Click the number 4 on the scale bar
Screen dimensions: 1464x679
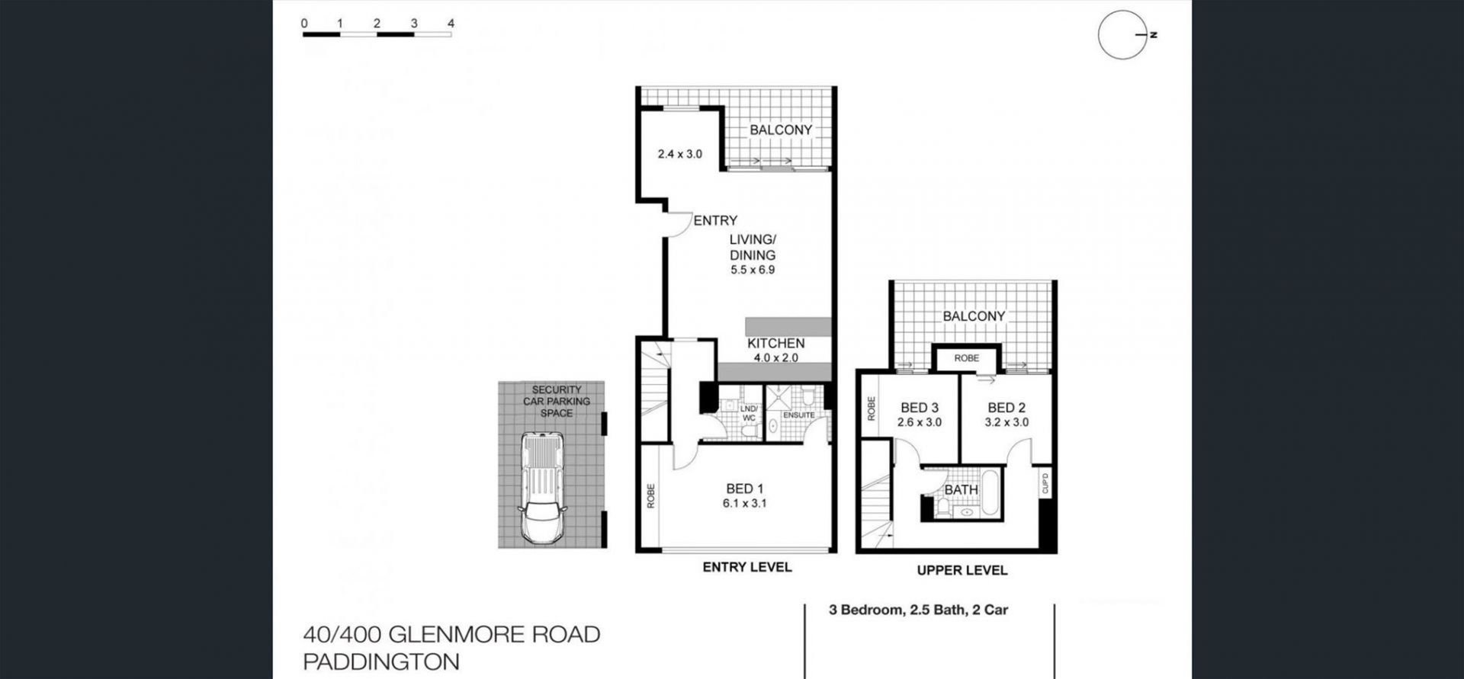click(x=451, y=24)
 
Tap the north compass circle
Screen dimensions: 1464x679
click(x=1099, y=35)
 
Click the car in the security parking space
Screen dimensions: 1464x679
click(x=542, y=488)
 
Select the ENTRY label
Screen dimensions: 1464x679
click(x=715, y=220)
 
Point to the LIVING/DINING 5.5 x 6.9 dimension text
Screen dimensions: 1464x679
click(x=753, y=270)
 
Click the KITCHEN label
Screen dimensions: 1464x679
click(x=775, y=344)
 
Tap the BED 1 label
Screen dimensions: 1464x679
click(x=745, y=488)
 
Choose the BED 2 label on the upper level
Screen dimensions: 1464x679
click(x=1006, y=408)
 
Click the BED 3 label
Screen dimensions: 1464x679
click(x=920, y=408)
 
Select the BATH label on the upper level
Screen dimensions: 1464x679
click(x=961, y=490)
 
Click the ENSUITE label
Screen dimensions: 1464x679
click(x=799, y=415)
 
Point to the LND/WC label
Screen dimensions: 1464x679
click(x=749, y=413)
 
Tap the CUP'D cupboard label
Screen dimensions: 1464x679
click(x=1045, y=483)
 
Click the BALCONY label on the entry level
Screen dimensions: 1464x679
click(x=781, y=130)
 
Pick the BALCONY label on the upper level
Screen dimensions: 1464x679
click(x=974, y=316)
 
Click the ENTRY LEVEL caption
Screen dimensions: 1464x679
click(x=747, y=567)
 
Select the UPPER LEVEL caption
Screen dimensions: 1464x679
click(x=962, y=570)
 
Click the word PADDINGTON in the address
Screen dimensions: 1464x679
click(x=381, y=661)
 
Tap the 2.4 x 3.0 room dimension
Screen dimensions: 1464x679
click(x=680, y=154)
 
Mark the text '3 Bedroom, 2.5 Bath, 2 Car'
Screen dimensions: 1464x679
click(x=919, y=610)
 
